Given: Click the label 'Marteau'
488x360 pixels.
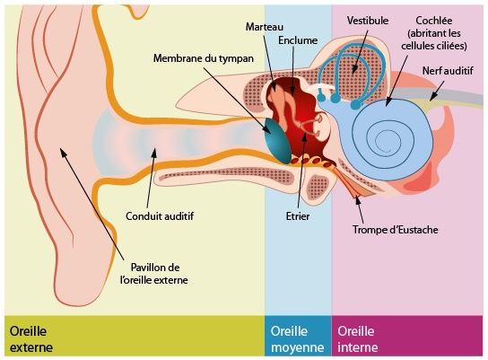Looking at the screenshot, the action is point(265,27).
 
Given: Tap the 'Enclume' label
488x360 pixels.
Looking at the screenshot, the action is point(298,40).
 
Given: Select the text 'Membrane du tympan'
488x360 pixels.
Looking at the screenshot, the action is point(204,58).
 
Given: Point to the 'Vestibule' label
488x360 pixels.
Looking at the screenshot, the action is point(368,21).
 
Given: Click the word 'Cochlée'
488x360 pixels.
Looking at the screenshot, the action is point(434,21).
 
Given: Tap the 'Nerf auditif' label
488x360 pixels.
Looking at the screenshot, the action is point(448,71).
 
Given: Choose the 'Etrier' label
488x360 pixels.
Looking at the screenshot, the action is point(298,216).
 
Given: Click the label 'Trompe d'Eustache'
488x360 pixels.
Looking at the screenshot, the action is point(396,230).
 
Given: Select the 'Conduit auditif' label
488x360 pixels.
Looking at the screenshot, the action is point(160,216).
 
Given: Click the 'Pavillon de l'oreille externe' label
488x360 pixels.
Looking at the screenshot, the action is point(154,274).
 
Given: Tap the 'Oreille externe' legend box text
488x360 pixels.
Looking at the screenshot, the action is point(31,338).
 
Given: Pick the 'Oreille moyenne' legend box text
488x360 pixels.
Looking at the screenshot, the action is point(297,338).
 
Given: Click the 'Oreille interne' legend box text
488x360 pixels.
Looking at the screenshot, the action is point(358,338).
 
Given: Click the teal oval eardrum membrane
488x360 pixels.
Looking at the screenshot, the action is point(276,141).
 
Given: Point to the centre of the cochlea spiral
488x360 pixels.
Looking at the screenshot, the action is point(382,140).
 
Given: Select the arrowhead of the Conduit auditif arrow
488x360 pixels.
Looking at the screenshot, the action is point(154,152).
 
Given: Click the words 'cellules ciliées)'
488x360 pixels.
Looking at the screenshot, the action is point(434,46).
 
